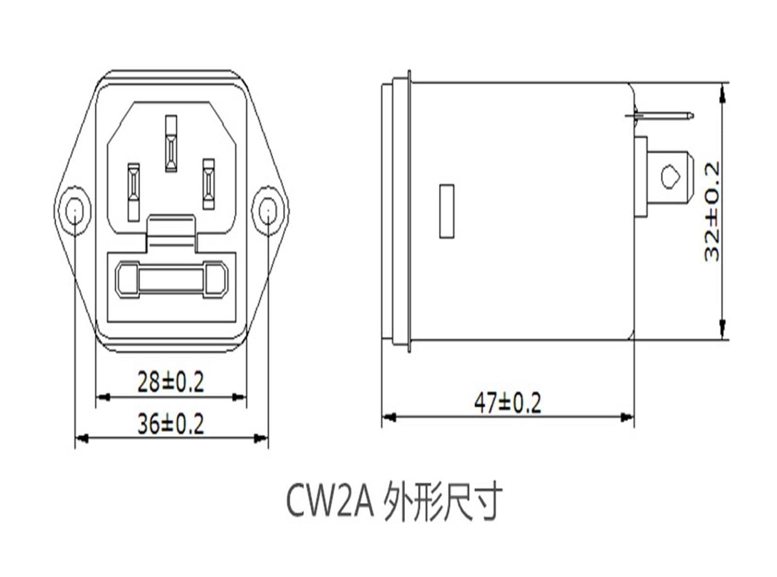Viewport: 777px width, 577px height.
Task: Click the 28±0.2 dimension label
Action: point(170,382)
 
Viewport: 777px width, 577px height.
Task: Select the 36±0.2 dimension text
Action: point(170,424)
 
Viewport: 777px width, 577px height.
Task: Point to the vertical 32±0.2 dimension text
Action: point(712,211)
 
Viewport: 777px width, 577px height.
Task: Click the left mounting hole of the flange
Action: point(75,211)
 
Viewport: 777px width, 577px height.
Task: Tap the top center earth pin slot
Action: point(171,144)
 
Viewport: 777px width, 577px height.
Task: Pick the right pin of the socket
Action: point(209,184)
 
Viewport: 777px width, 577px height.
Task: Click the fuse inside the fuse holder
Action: point(171,280)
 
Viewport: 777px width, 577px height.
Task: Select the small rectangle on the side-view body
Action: point(446,211)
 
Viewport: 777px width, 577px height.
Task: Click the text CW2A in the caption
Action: point(329,502)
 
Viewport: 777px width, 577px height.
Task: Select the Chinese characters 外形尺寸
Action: point(442,503)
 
